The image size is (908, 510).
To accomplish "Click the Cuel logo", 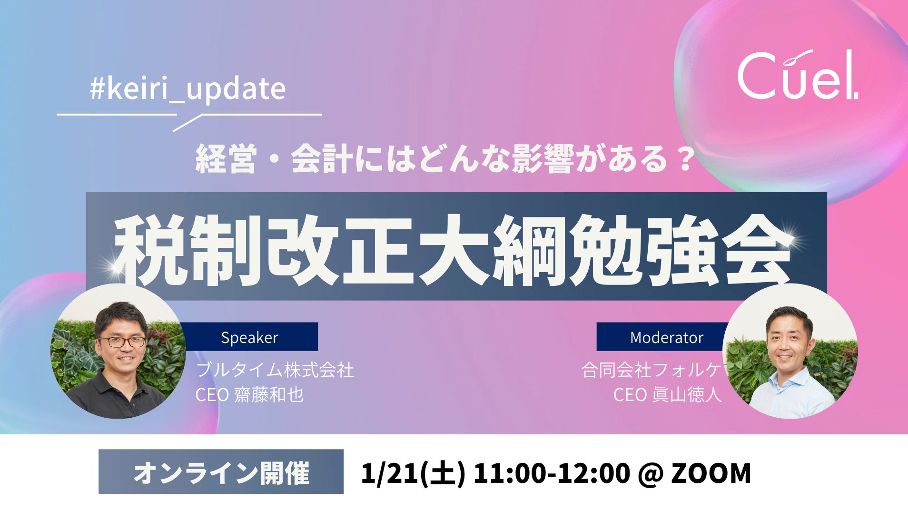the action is pos(798,75).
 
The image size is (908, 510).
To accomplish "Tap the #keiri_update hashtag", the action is pos(188,88).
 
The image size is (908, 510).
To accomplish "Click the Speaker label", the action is pos(249,337).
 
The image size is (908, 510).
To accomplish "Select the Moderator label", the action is pos(666,337).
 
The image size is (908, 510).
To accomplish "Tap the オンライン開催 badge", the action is pos(221,472).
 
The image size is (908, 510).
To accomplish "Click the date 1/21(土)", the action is pos(413,473).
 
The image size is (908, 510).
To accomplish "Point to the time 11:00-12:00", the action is pos(551,473).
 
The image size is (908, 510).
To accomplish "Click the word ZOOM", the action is pos(711,473).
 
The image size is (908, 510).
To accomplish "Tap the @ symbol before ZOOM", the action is pos(650,474).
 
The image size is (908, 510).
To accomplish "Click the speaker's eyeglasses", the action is pos(121,342).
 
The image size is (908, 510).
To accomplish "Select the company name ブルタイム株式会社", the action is pos(275,370).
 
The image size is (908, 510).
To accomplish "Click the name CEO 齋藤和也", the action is pos(249,394).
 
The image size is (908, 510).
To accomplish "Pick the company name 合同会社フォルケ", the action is pos(651,370).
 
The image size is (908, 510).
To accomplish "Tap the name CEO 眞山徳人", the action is pos(667,394).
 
